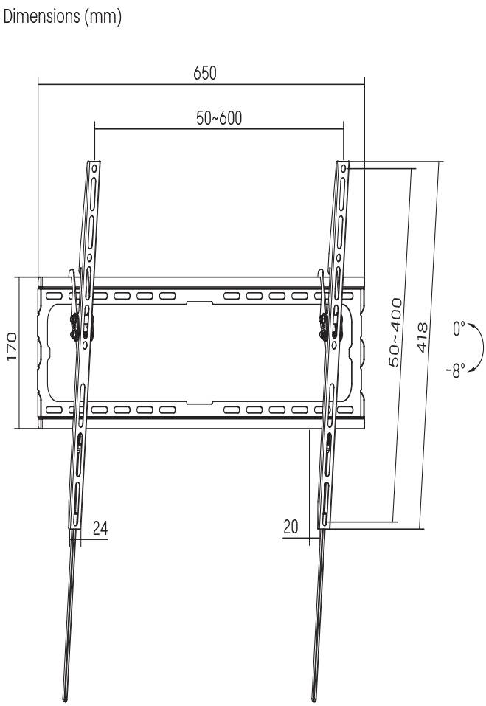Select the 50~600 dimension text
tap(219, 118)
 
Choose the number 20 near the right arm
tap(292, 527)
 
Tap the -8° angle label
tap(460, 367)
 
